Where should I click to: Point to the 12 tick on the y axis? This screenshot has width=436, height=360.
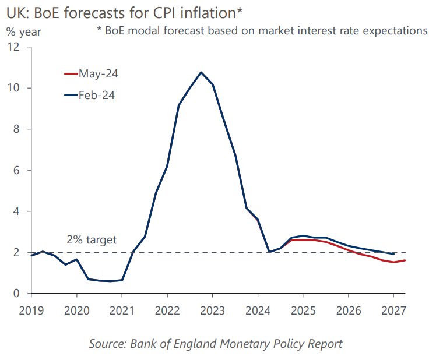pos(13,47)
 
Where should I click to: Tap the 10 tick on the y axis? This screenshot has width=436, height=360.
pos(13,88)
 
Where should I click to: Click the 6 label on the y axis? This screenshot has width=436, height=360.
pos(16,170)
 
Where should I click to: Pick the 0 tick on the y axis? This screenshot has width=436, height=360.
pos(16,294)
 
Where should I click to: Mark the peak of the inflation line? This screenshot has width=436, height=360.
pos(201,72)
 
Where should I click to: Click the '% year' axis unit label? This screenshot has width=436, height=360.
pos(24,32)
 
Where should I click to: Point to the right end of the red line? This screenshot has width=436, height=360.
pos(405,260)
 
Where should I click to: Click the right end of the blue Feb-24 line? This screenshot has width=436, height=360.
pos(393,254)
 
